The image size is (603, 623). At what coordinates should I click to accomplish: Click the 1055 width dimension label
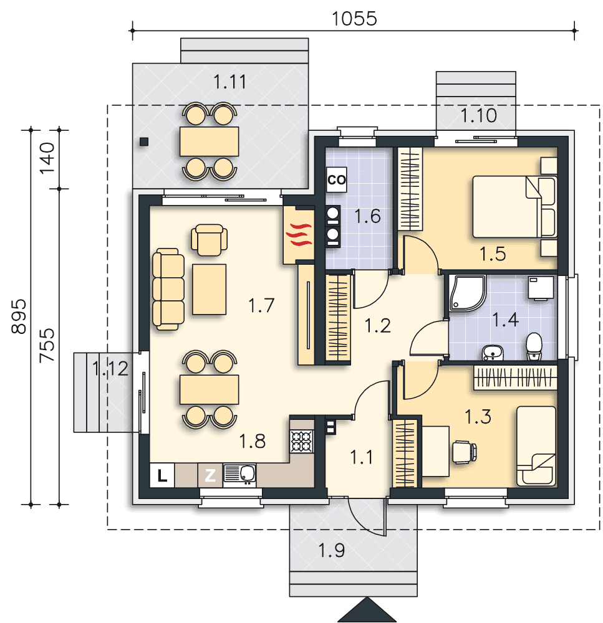click(354, 18)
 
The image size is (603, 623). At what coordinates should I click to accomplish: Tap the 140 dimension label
click(47, 158)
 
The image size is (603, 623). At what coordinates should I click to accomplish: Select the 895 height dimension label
click(18, 316)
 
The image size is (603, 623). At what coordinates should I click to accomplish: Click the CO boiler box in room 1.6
click(337, 179)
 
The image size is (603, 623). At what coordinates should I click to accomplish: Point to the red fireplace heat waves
click(299, 234)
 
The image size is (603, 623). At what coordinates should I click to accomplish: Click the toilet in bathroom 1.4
click(534, 346)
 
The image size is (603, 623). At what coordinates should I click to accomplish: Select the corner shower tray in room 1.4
click(466, 293)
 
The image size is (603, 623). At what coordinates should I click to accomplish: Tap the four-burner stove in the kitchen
click(302, 442)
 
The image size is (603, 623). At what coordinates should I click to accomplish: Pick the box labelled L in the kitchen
click(162, 475)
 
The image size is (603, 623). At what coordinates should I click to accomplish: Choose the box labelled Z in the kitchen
click(210, 475)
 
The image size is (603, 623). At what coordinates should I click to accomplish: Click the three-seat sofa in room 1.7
click(168, 289)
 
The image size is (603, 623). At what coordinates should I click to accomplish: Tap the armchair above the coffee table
click(210, 240)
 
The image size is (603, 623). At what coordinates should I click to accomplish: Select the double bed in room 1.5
click(514, 207)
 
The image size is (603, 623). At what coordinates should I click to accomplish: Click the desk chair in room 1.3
click(465, 452)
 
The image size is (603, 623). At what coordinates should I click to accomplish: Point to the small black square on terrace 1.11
click(144, 141)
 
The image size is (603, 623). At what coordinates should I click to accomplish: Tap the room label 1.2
click(377, 326)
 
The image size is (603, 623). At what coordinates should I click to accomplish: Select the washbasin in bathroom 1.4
click(493, 353)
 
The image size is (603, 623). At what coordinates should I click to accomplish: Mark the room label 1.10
click(478, 115)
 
